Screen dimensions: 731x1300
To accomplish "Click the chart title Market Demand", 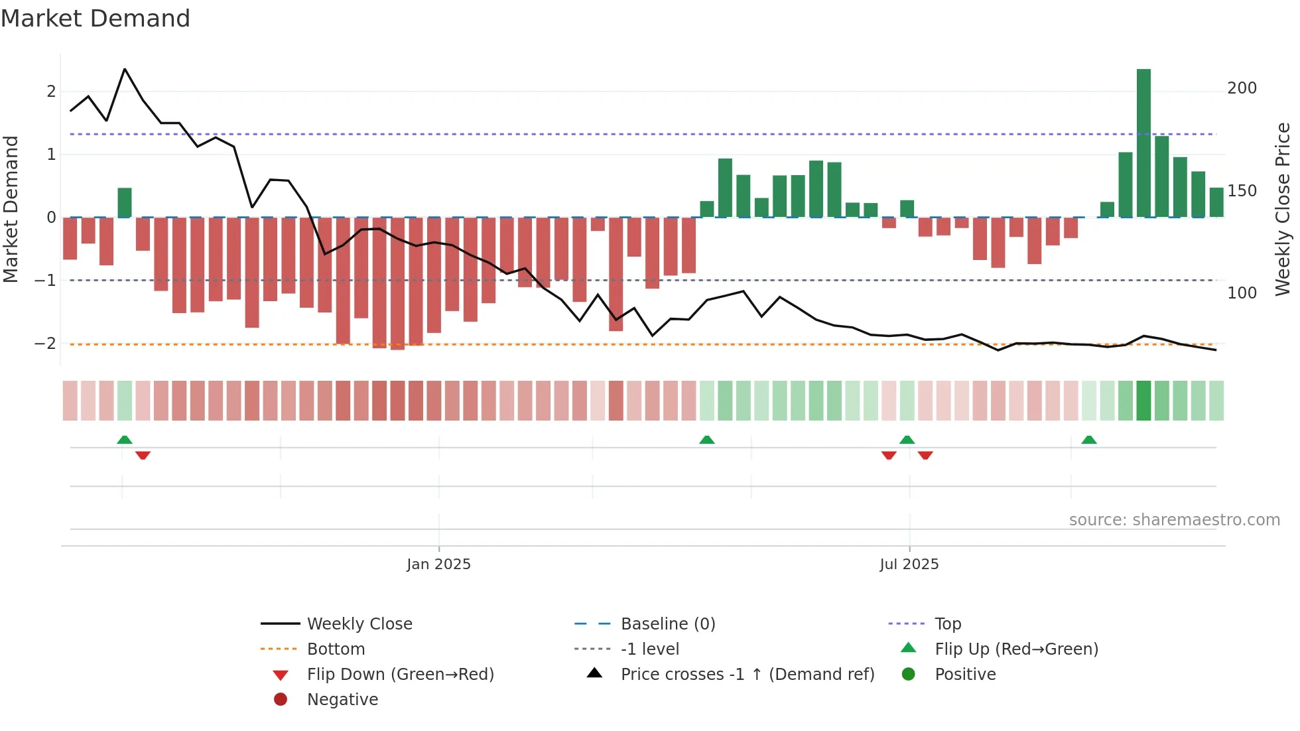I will tap(96, 19).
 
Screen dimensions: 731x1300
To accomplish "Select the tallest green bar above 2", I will tap(1143, 143).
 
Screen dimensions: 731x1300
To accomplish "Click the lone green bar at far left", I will tap(125, 202).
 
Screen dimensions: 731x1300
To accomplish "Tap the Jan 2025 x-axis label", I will tap(438, 564).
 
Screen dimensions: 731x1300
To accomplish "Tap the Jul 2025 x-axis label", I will tap(909, 564).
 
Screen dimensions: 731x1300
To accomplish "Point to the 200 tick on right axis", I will tap(1242, 88).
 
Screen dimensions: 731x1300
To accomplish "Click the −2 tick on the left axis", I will tap(46, 344).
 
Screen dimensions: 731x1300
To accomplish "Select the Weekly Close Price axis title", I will tap(1283, 209).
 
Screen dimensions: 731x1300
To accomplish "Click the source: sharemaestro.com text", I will tap(1174, 519).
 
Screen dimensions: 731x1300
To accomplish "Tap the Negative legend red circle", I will tap(281, 699).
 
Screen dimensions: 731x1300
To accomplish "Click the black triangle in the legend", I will tap(595, 673).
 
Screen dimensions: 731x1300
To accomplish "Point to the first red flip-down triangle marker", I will tap(143, 455).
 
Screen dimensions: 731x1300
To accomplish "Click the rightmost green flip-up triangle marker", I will tap(1089, 440).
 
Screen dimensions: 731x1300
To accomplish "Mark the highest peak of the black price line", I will tap(125, 69).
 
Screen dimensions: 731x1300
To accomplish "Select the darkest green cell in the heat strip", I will tap(1143, 401).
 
